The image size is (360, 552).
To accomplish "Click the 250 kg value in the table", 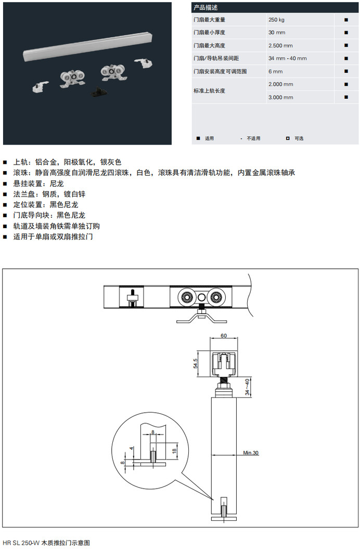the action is point(276,20).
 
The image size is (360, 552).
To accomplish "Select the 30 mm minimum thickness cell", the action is point(277,32).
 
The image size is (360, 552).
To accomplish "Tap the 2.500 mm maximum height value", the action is point(280,45).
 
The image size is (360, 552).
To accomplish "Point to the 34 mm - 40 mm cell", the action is point(288,58).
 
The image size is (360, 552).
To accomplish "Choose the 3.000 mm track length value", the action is point(281,97).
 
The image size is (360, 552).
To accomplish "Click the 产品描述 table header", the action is point(205,7).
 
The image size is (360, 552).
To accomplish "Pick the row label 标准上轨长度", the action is point(209,91).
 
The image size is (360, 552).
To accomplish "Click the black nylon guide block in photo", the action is point(99,92).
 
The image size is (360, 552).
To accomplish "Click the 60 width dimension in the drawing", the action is point(224,335).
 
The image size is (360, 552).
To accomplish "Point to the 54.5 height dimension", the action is point(196,363).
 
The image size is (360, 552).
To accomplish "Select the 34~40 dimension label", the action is point(247,387).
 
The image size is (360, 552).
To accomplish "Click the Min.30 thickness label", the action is point(251,453).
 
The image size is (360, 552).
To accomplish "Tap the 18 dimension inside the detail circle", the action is point(174,451).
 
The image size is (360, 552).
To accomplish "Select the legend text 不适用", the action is point(254,138).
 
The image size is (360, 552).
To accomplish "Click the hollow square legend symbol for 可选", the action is point(288,138).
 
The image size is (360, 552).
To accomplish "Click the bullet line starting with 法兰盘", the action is point(49,194).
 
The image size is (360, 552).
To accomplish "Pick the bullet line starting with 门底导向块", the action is point(49,215).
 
